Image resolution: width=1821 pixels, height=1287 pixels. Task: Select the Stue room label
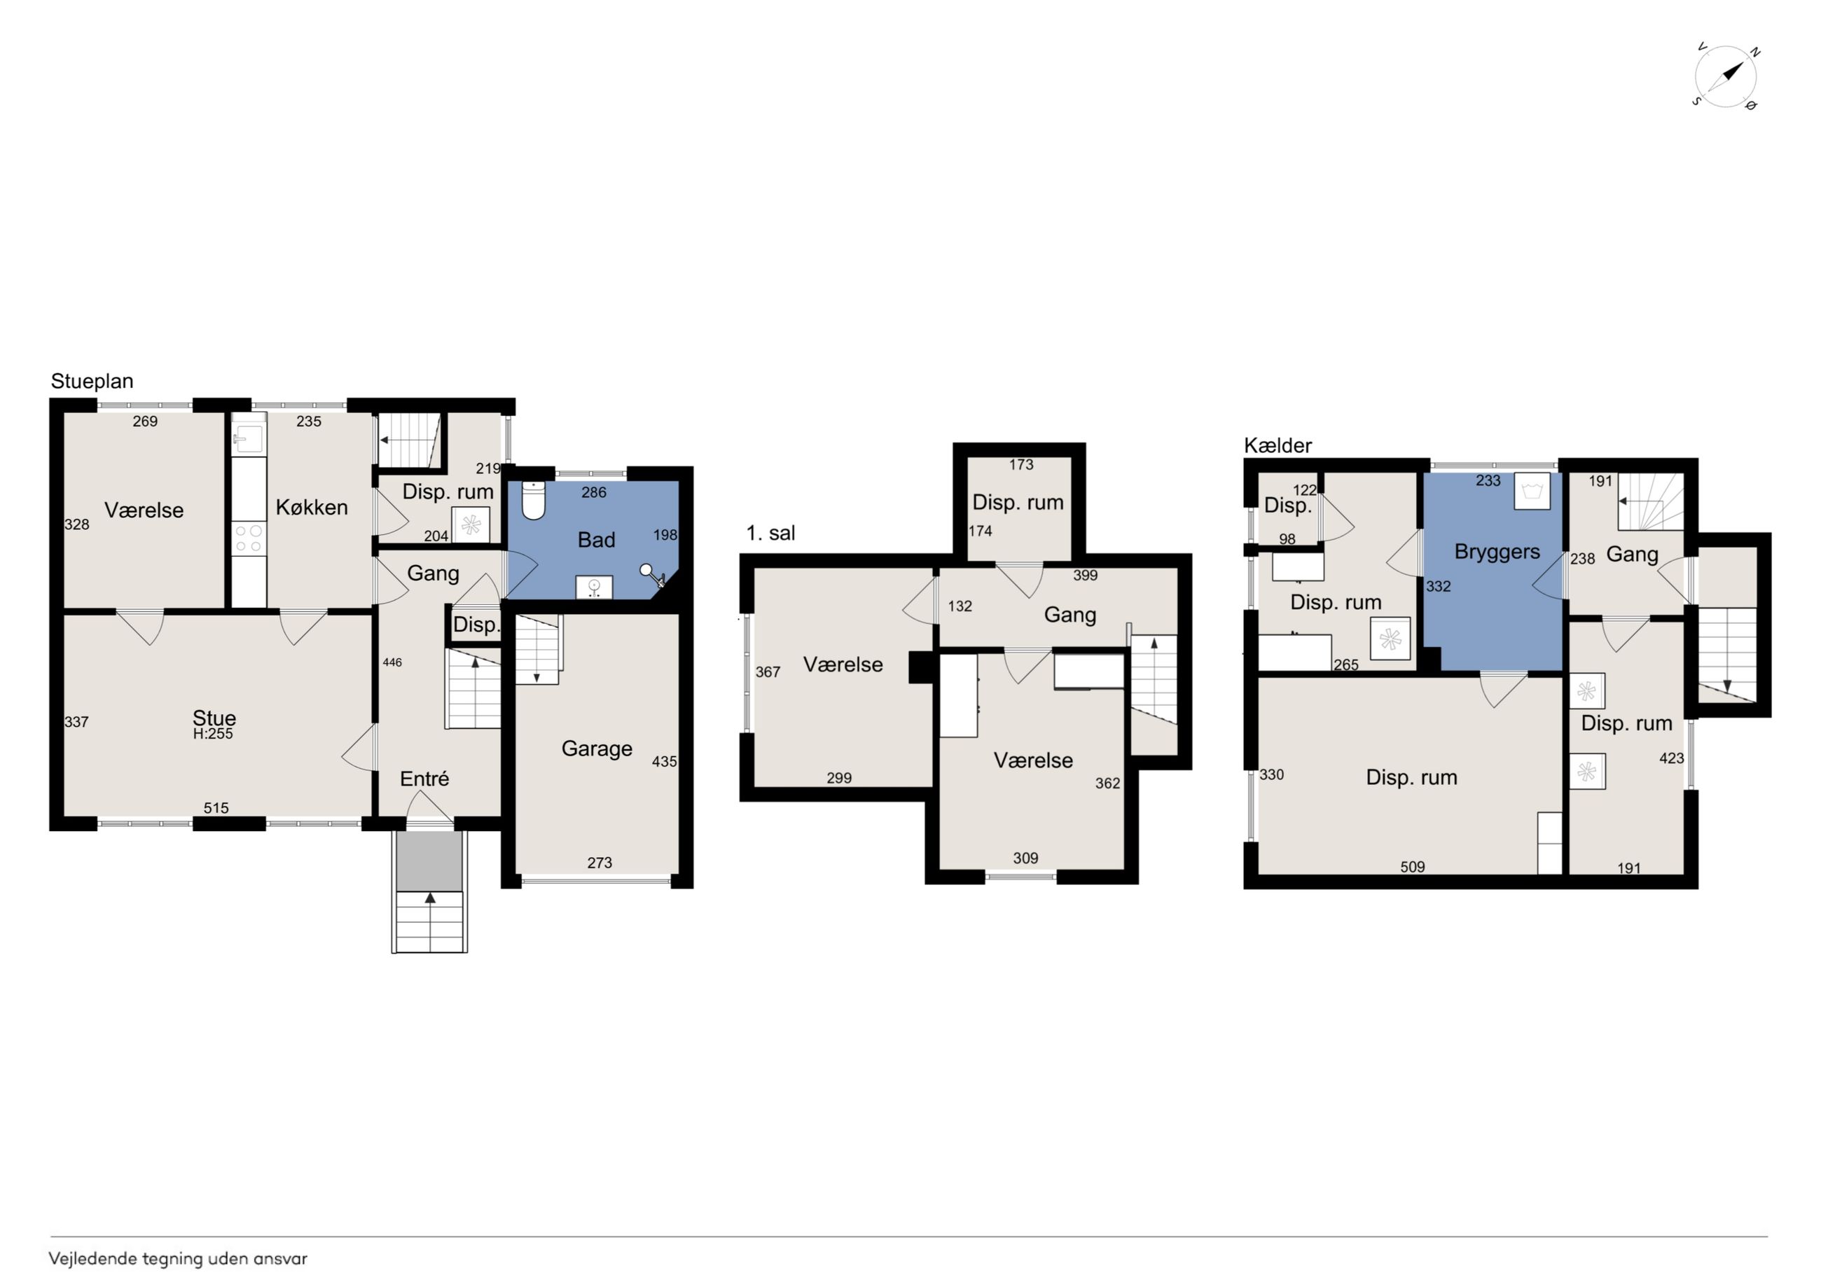(x=214, y=718)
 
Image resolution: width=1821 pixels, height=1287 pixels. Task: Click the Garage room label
(x=597, y=749)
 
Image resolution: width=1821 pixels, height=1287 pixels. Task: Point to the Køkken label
(x=312, y=508)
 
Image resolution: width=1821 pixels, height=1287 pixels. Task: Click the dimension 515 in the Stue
(x=216, y=808)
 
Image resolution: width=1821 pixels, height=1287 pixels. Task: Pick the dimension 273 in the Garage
(x=600, y=863)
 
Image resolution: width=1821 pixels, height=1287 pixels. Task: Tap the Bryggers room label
(x=1497, y=552)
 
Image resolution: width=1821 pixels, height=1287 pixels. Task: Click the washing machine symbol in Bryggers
(x=1532, y=491)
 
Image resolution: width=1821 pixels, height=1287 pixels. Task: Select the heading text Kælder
(x=1278, y=445)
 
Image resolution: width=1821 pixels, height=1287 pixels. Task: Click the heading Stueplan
(x=92, y=382)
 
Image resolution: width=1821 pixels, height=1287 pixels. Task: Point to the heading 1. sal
(x=770, y=534)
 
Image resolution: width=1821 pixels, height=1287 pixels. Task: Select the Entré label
(x=424, y=779)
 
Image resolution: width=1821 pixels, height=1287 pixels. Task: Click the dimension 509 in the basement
(x=1413, y=868)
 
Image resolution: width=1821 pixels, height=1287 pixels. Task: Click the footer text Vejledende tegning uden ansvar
(x=178, y=1258)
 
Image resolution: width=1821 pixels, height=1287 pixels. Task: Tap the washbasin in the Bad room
(x=594, y=587)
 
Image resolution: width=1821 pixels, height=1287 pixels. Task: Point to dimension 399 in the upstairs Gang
(x=1086, y=576)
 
